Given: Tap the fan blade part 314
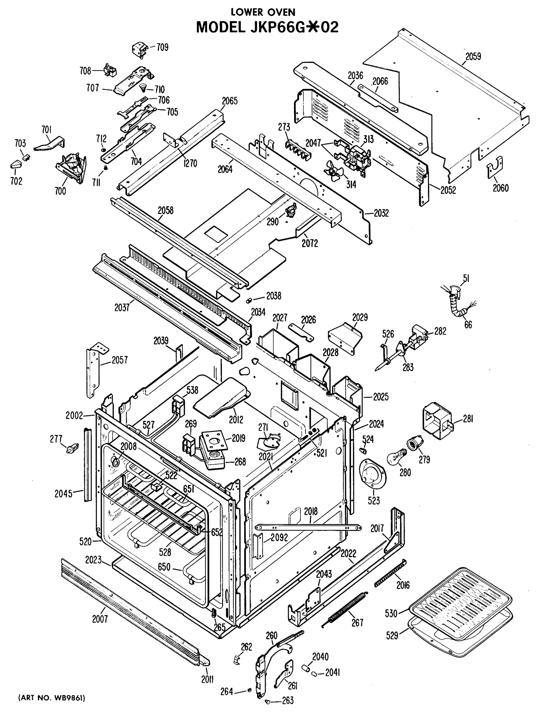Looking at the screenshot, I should (x=333, y=169).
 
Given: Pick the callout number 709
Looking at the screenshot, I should (x=163, y=47).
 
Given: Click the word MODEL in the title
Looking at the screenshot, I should (x=221, y=27).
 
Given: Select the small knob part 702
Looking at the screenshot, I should (x=15, y=165).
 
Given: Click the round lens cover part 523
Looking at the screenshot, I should (x=372, y=475).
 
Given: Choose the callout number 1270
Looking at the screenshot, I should (x=190, y=164).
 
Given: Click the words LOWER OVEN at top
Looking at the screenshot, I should (x=263, y=12).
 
